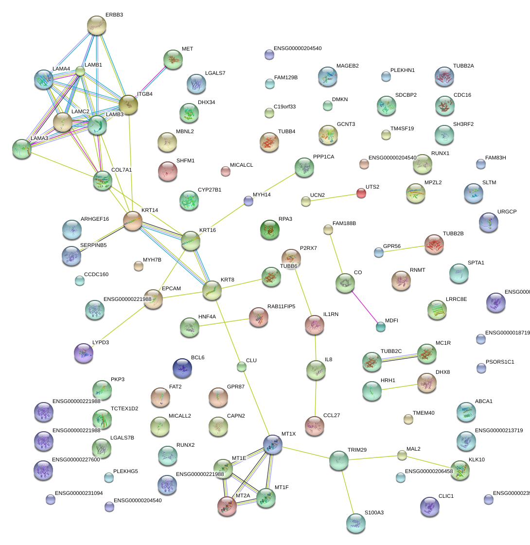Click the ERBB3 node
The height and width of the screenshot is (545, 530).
96,25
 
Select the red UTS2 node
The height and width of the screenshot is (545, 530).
361,193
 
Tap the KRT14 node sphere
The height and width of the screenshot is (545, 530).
132,221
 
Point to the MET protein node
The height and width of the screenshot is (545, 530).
173,59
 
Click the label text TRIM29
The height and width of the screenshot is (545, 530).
357,450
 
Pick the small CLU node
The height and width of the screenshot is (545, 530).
242,367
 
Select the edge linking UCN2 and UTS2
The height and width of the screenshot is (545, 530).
333,197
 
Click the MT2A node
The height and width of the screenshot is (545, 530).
227,506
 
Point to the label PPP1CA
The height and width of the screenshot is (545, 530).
324,157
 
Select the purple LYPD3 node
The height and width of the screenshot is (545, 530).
83,352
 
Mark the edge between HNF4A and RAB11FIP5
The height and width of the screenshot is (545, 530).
224,323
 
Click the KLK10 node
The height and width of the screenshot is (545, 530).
460,471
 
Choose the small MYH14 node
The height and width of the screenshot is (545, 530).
248,200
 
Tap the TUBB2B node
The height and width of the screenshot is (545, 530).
434,244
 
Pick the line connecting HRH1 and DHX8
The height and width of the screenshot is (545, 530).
399,386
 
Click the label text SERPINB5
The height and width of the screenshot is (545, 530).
93,245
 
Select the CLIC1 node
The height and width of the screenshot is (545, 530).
429,506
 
